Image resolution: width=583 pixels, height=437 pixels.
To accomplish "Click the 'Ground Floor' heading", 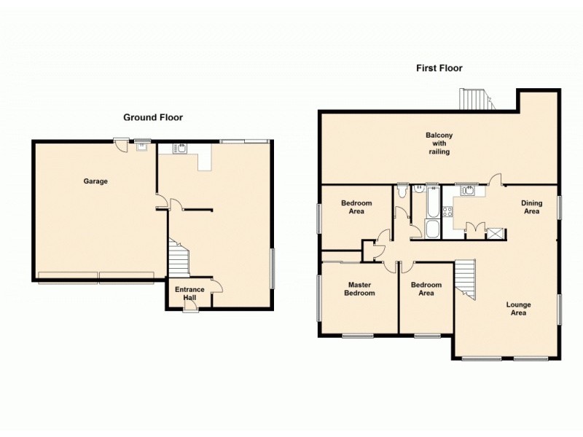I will point(152,117).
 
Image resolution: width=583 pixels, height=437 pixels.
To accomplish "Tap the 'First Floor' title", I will point(439,68).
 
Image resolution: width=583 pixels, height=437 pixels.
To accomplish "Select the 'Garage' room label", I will point(95,181).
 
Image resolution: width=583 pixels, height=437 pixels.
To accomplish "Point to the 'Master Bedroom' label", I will point(361,289).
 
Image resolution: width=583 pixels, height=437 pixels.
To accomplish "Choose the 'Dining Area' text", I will point(531,207).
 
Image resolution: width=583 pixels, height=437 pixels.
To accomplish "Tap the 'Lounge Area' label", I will point(519,309).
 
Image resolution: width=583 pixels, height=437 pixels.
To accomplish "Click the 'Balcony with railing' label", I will point(439,143).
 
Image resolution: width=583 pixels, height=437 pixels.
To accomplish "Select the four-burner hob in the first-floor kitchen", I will point(449,212).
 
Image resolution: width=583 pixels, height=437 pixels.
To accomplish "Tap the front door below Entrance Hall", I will point(190,308).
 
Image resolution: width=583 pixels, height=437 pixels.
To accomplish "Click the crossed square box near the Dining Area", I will point(495,234).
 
